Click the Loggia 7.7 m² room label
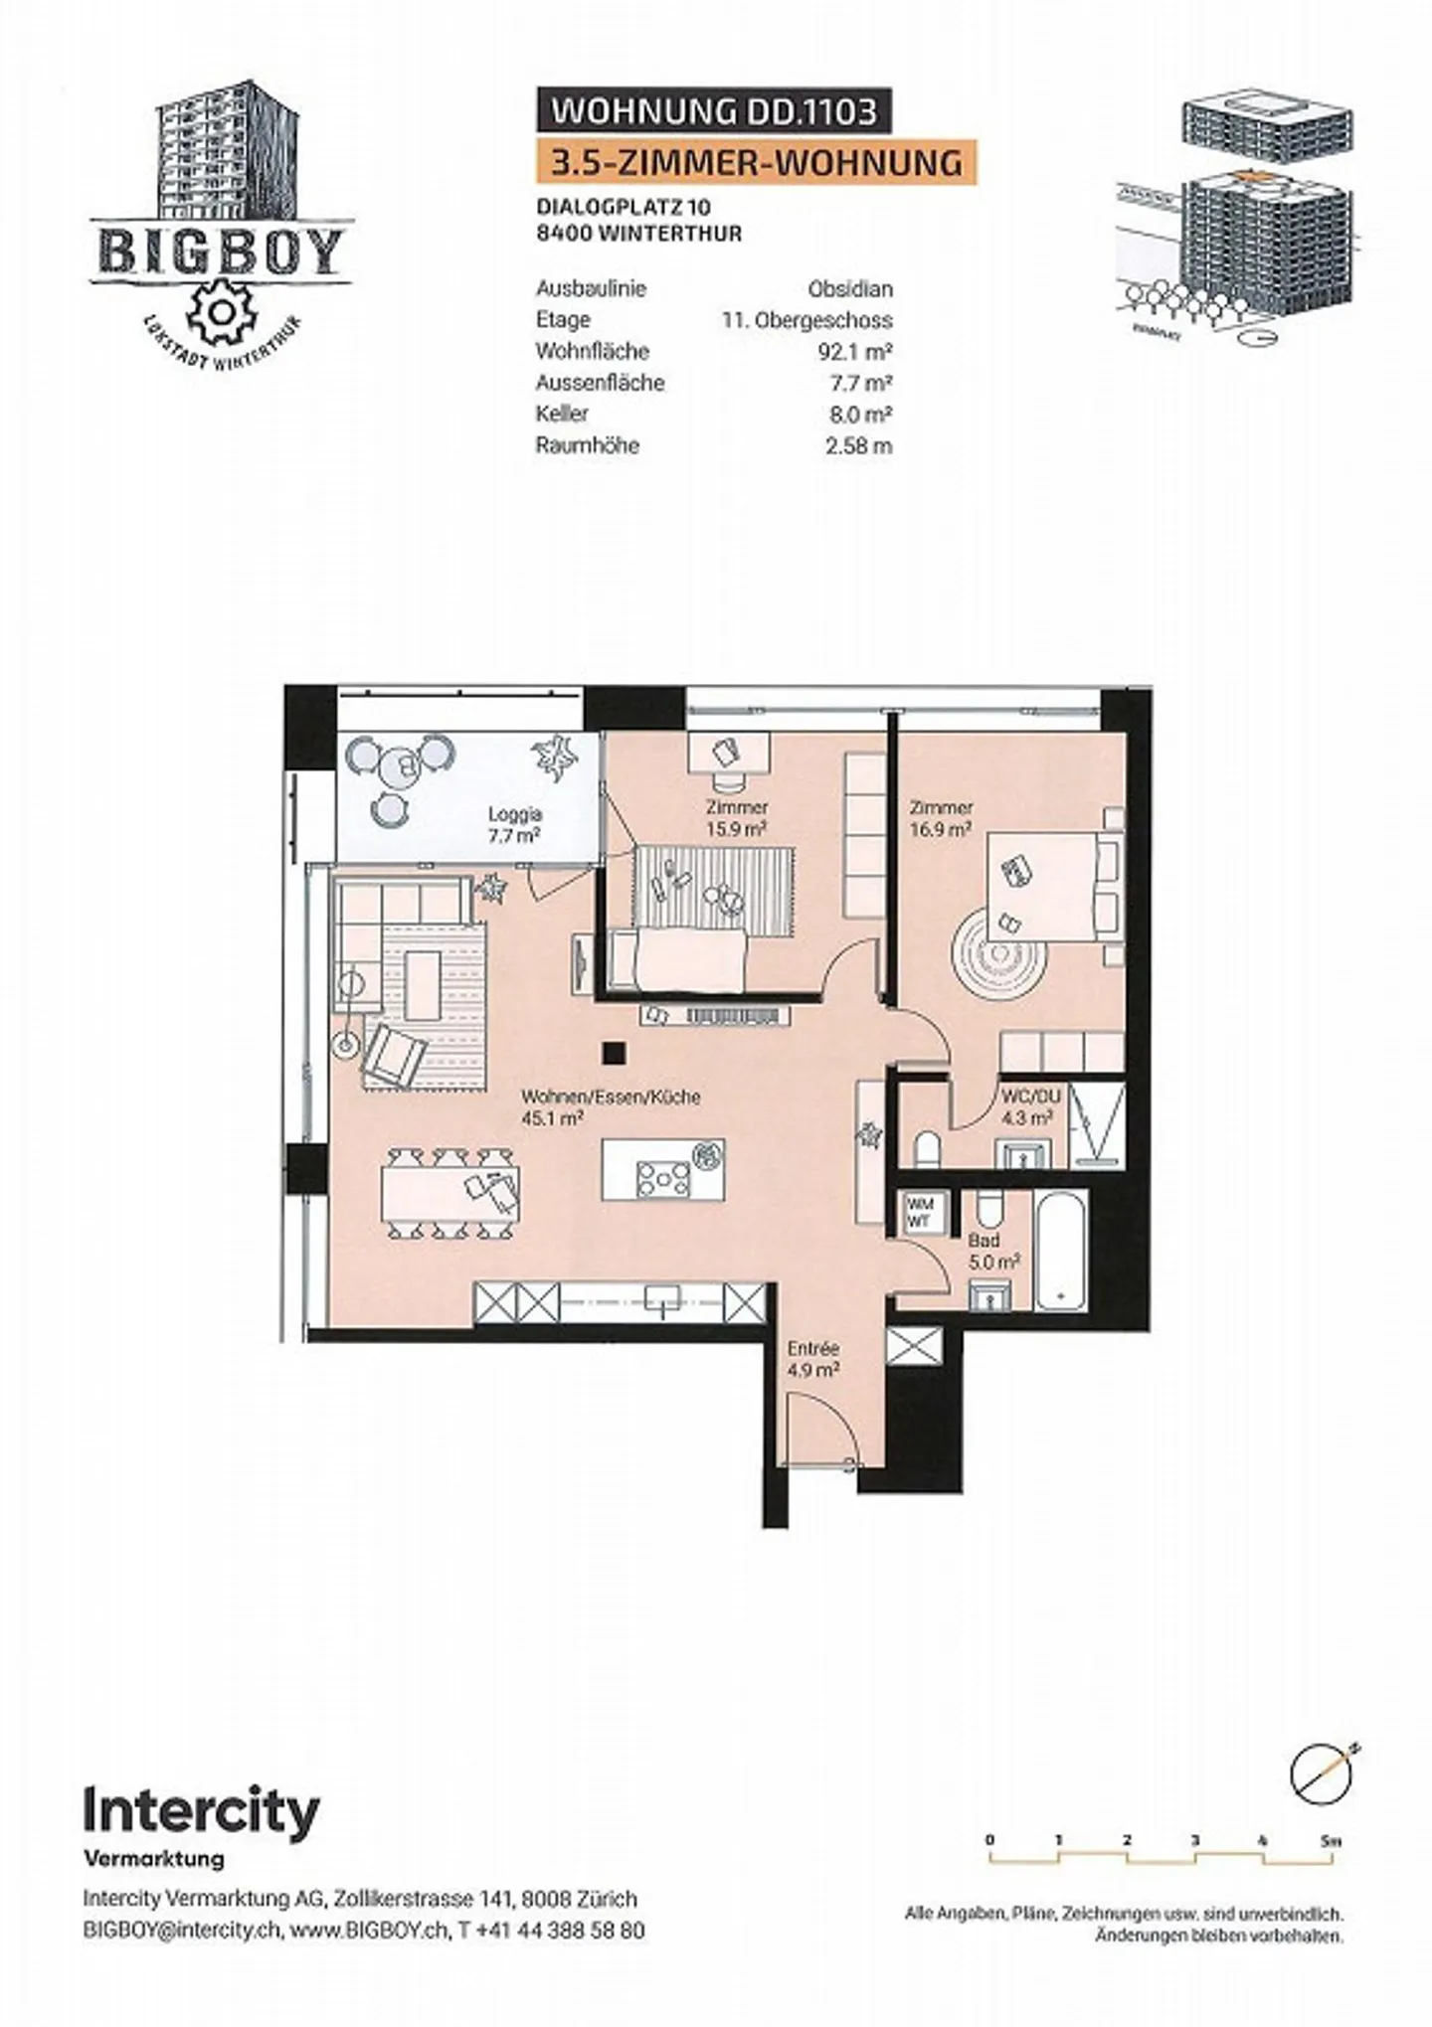tap(513, 824)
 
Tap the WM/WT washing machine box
tap(920, 1213)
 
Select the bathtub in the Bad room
tap(1061, 1253)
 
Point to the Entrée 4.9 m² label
tap(813, 1359)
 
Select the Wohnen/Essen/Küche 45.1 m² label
tap(611, 1106)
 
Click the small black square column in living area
tap(615, 1051)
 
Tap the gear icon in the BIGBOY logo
tap(222, 311)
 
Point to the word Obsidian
tap(849, 289)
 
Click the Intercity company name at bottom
tap(201, 1810)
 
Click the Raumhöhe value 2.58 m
tap(857, 444)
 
